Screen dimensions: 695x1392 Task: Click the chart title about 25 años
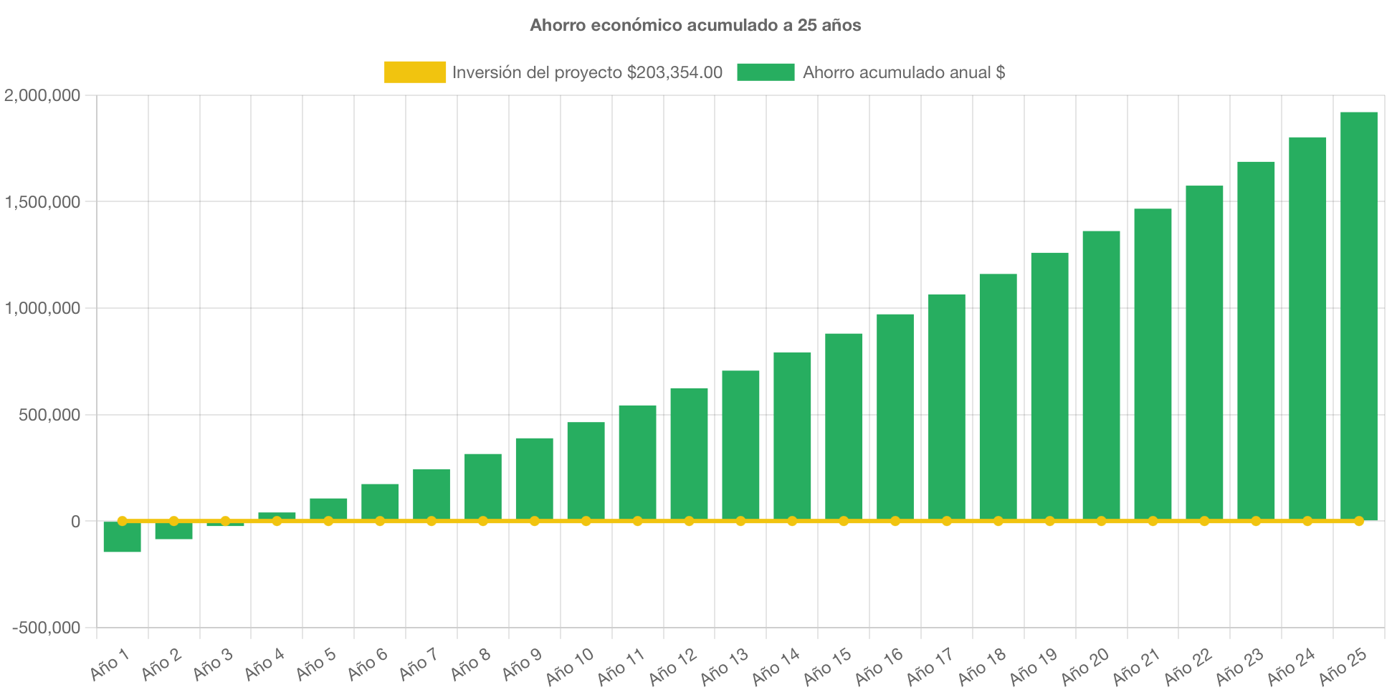[695, 25]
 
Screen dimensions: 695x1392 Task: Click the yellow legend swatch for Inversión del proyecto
[414, 72]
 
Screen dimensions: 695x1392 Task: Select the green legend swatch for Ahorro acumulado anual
[766, 72]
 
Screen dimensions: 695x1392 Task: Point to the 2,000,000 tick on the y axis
[42, 95]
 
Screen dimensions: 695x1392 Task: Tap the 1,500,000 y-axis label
[42, 202]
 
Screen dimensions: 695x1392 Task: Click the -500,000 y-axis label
[46, 628]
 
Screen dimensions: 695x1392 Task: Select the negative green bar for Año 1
[122, 537]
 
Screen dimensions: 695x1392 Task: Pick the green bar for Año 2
[173, 531]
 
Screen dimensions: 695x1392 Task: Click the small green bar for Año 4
[277, 516]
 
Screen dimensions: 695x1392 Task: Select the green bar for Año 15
[844, 426]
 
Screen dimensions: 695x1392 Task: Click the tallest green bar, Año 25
[1358, 315]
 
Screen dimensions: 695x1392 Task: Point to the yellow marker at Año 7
[432, 521]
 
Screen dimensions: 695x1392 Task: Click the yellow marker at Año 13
[740, 521]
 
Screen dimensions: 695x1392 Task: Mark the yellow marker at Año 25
[1358, 521]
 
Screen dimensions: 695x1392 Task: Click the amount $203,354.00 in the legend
[674, 72]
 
